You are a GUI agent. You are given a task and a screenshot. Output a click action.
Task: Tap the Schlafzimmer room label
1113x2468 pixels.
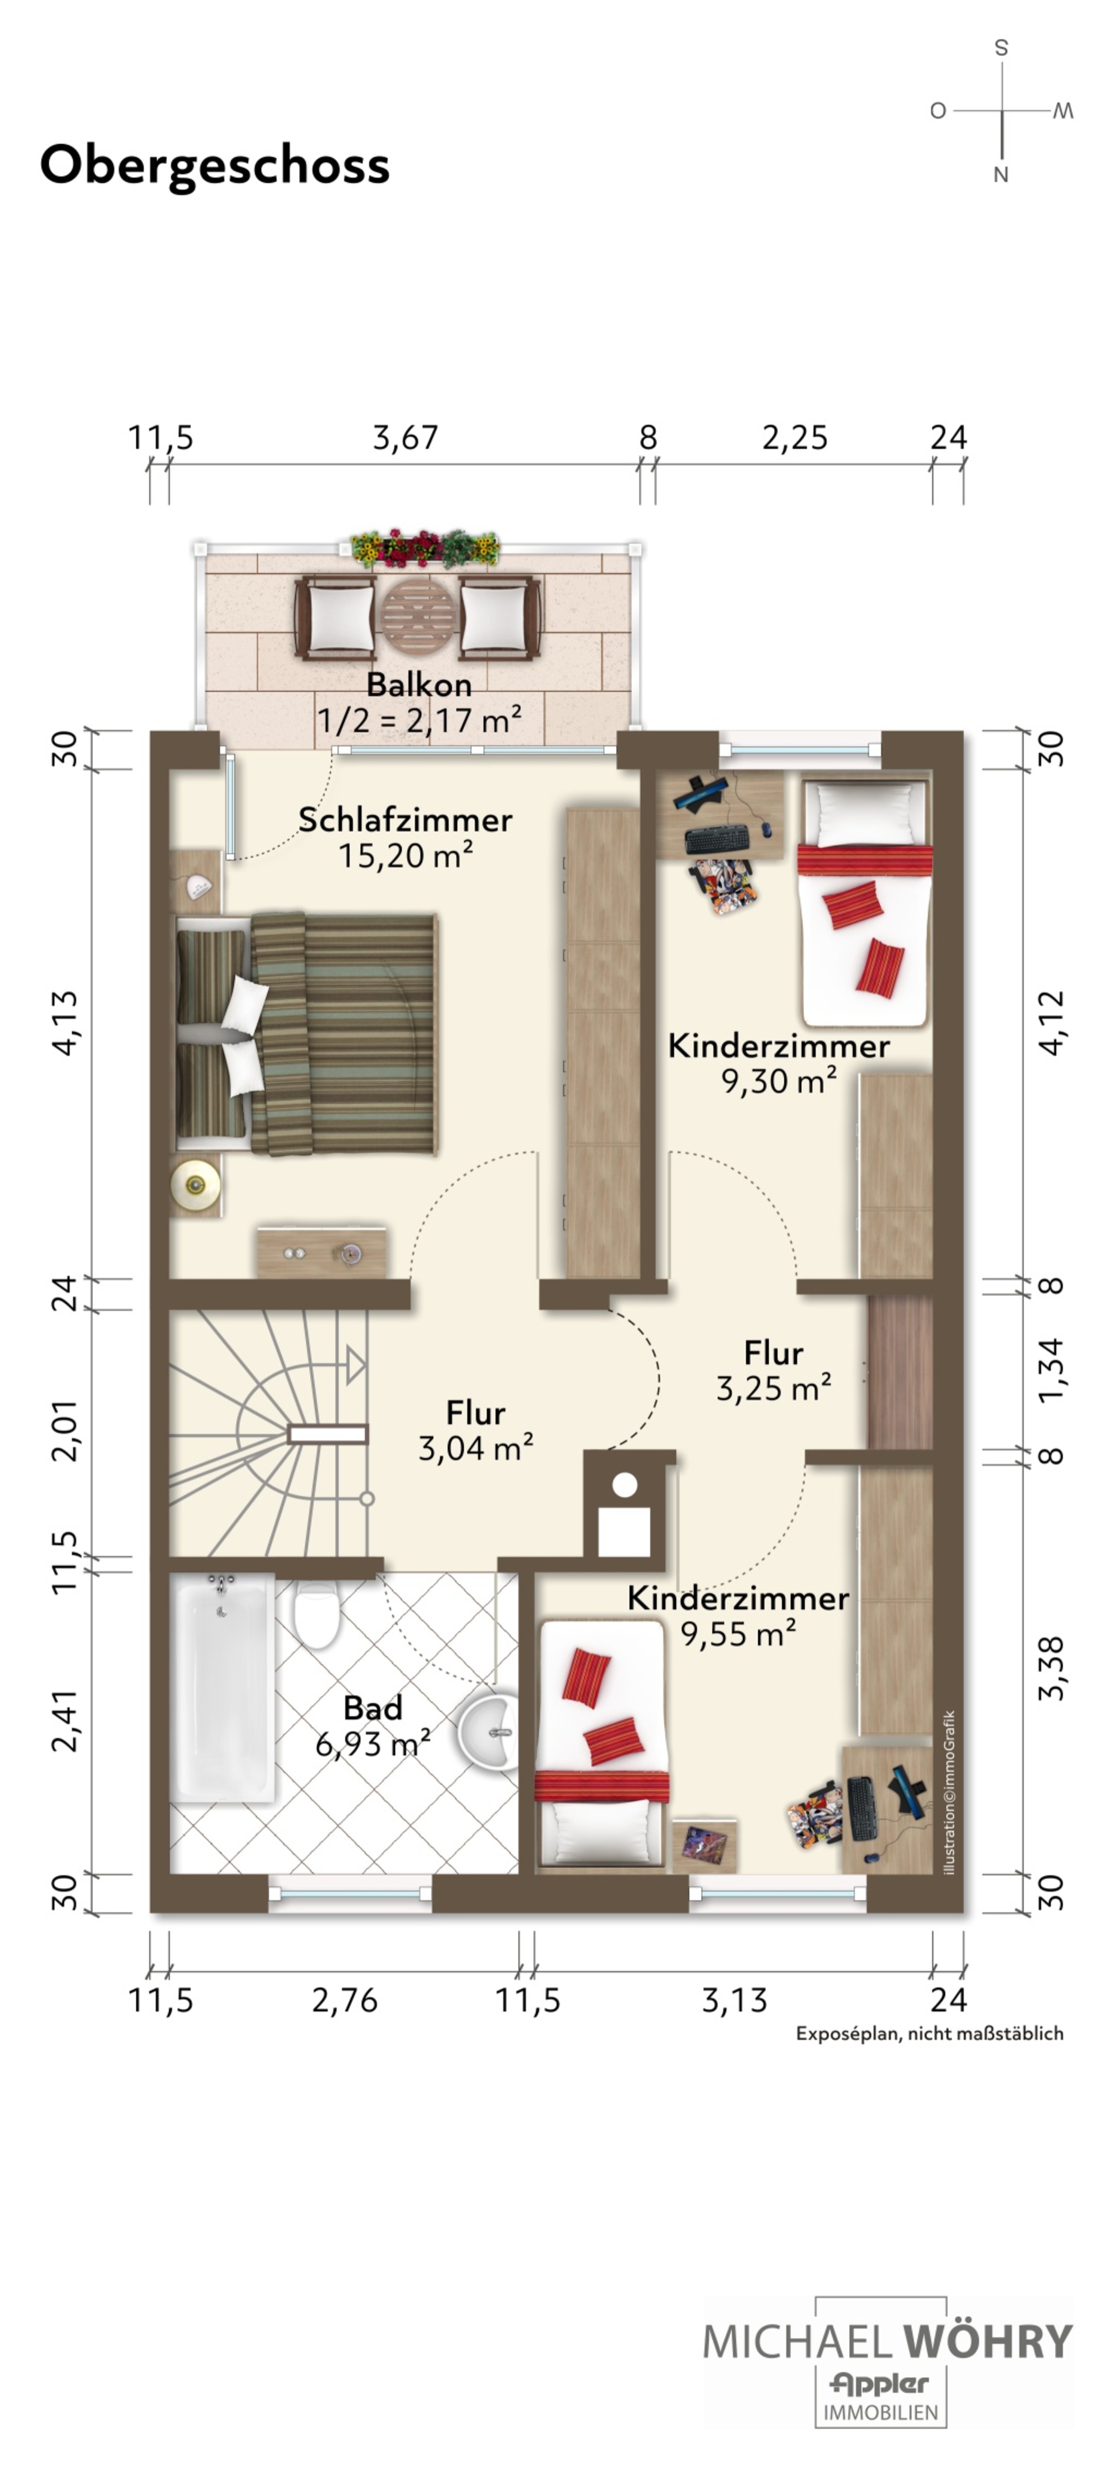[x=405, y=820]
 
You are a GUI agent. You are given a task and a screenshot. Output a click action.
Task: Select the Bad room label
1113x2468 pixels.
[x=372, y=1708]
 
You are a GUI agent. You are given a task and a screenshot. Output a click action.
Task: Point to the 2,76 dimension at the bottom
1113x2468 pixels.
[x=345, y=2001]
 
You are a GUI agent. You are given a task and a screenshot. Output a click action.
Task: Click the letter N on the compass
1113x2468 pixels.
[x=1001, y=174]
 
